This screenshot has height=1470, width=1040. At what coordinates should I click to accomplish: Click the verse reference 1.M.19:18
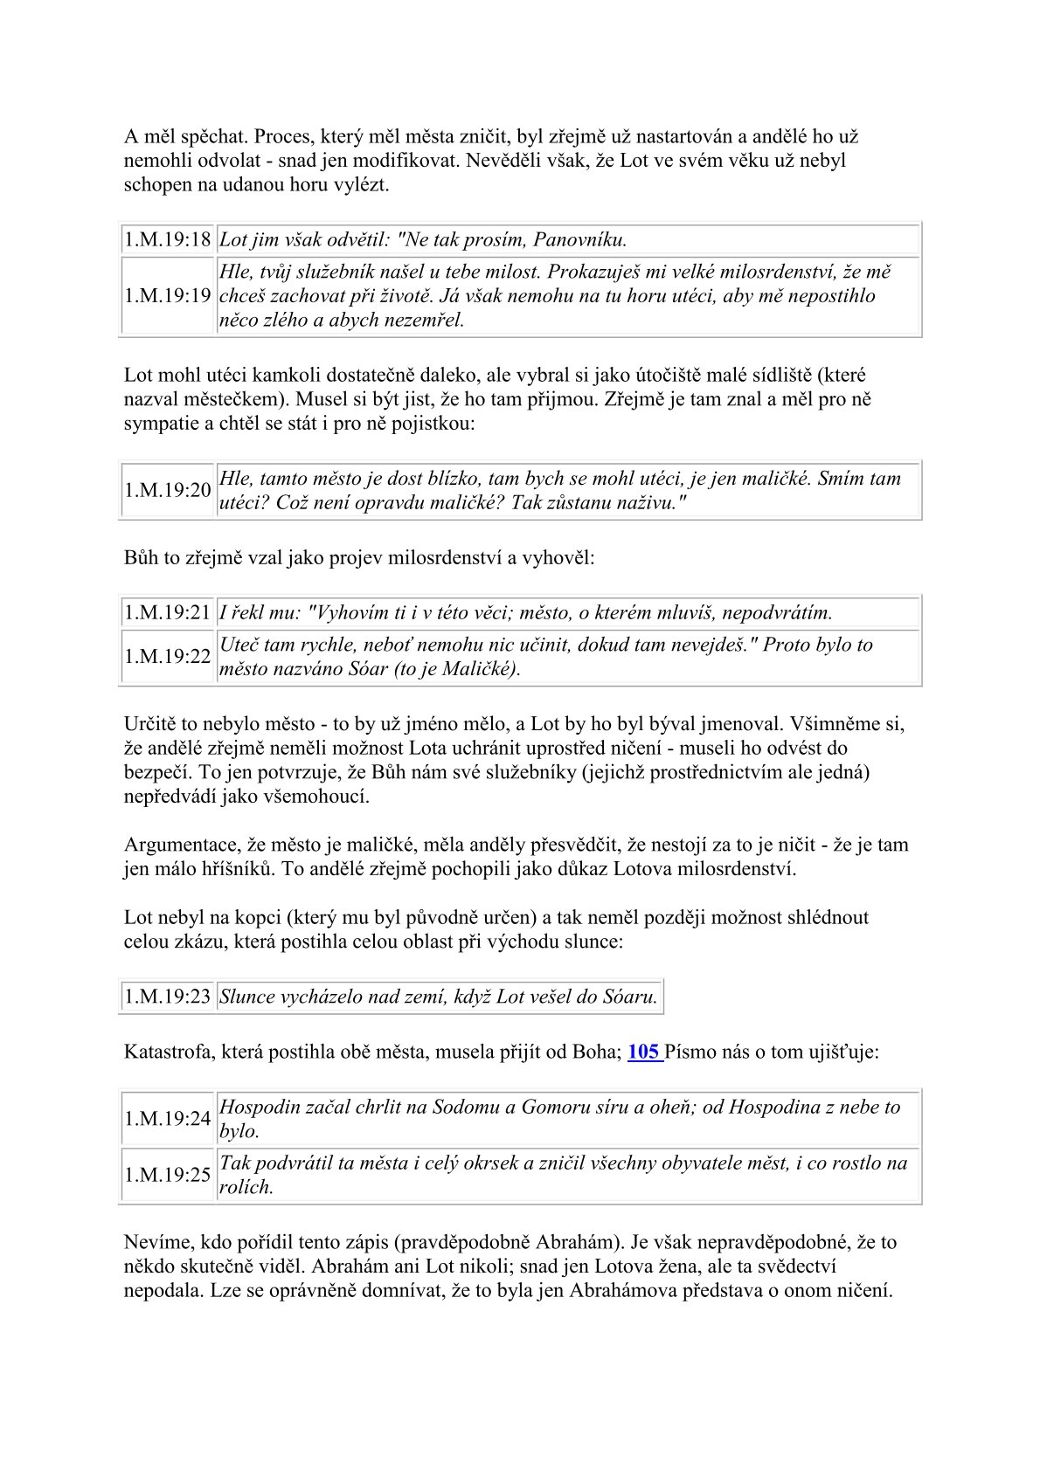coord(168,239)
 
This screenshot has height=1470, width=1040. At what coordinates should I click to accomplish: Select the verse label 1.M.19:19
coord(168,295)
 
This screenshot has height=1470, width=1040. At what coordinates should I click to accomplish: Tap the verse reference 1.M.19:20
coord(168,490)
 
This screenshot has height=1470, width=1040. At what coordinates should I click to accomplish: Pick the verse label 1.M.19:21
coord(168,612)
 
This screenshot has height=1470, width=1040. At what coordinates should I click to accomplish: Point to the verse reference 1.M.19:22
coord(168,657)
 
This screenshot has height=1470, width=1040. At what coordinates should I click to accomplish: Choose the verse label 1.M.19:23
coord(168,997)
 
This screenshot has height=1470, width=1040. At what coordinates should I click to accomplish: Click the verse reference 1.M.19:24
coord(168,1119)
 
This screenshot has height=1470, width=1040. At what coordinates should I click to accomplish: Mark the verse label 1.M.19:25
coord(168,1175)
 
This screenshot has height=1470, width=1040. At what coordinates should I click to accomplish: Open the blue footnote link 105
coord(643,1052)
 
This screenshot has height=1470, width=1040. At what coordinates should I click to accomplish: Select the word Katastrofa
coord(165,1052)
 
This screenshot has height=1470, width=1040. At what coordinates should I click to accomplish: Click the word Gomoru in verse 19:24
coord(552,1108)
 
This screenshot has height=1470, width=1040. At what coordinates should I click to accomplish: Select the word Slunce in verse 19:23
coord(247,997)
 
